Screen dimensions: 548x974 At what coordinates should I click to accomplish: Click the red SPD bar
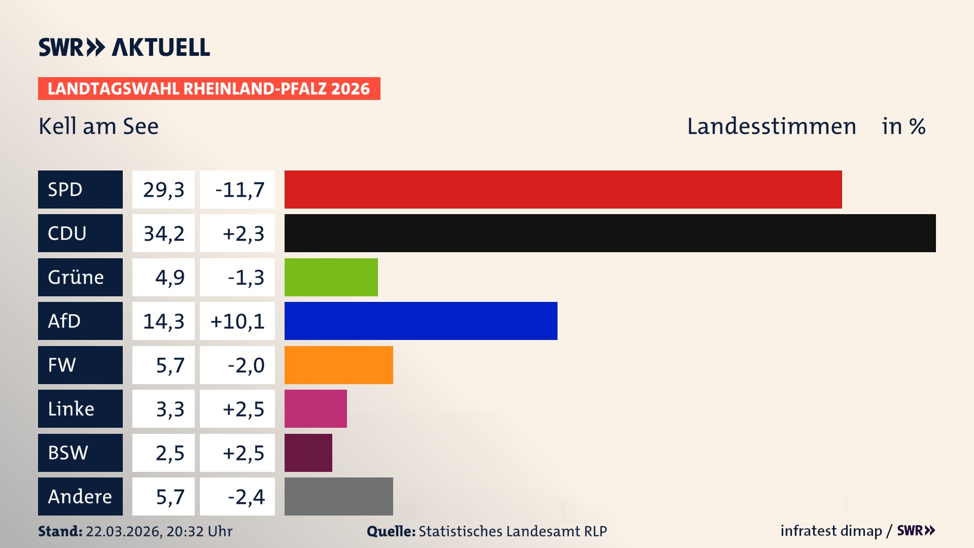(x=563, y=189)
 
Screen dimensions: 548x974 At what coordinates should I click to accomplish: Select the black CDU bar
(x=610, y=233)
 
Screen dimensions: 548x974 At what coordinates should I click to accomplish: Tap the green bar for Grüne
(x=331, y=277)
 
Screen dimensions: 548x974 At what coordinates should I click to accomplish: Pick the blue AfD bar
(x=421, y=321)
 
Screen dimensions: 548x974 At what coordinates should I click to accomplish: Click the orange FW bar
(x=338, y=365)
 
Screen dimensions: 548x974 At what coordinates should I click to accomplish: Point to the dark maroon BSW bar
(x=308, y=453)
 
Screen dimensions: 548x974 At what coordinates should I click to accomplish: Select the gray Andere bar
(x=338, y=496)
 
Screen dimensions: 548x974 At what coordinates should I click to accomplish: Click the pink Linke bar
(x=316, y=408)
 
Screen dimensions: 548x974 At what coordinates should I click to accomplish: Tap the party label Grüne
(x=76, y=277)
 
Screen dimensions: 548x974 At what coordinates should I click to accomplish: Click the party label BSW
(x=68, y=453)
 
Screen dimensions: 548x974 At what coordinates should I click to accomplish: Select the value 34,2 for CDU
(x=164, y=233)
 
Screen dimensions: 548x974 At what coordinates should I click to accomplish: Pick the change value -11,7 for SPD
(x=239, y=190)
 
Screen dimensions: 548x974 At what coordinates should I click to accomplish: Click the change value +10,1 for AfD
(x=237, y=321)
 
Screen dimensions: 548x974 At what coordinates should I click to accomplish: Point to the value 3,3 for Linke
(x=170, y=409)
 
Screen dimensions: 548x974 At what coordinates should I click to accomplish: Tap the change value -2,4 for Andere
(x=246, y=497)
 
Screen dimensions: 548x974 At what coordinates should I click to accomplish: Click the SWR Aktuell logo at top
(x=124, y=47)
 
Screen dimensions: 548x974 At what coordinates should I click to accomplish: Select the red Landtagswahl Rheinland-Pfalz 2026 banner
(x=209, y=89)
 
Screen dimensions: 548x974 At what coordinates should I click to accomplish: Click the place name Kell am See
(x=98, y=126)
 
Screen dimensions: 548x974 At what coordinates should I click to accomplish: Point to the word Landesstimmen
(x=771, y=126)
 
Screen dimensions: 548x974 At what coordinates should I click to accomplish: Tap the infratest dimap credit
(x=831, y=531)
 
